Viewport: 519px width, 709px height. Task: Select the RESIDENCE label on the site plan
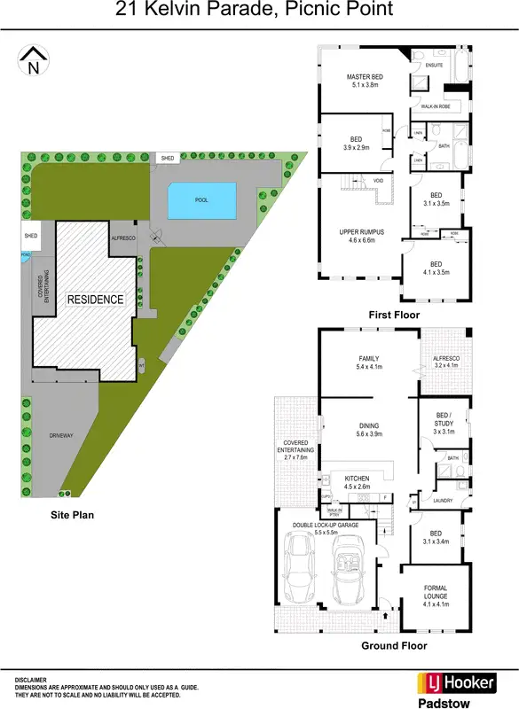point(96,300)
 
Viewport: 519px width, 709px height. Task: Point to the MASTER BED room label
point(364,77)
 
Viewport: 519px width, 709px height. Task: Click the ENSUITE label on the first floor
point(434,66)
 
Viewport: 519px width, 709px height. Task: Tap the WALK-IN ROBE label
point(435,106)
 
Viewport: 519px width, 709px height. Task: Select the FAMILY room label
point(367,358)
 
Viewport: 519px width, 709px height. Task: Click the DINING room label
point(367,425)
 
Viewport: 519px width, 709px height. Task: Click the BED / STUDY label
point(445,419)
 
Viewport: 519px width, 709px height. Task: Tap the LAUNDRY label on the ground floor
point(443,501)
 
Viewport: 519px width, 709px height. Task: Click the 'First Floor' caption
point(395,315)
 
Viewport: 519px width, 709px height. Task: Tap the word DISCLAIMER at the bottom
point(32,680)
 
